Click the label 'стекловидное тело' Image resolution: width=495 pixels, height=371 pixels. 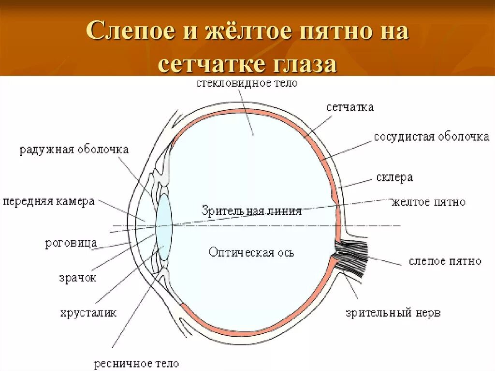pos(247,83)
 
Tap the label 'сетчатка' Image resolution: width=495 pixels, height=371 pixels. pos(349,107)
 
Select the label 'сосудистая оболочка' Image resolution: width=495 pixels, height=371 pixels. pos(431,137)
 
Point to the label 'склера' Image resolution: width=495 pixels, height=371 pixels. pos(394,178)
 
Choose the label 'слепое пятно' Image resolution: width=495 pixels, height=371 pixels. pos(445,261)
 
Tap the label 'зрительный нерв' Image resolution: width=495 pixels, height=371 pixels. pos(393,312)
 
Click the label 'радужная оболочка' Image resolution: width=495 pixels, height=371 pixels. pos(74,149)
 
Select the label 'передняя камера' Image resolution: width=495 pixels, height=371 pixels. pos(48,201)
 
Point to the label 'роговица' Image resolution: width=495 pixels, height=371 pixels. pos(71,243)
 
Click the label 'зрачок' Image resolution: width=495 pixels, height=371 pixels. pos(77,278)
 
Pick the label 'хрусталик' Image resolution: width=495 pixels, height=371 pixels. pos(88,313)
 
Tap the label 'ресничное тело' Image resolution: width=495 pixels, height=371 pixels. pos(136,363)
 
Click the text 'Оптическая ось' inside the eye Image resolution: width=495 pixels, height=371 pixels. pos(251,252)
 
